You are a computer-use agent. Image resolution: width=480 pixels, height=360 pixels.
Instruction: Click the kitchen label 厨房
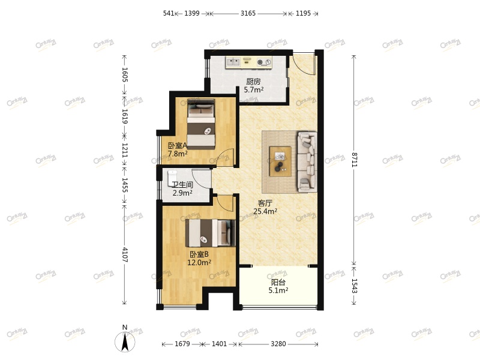(x=253, y=82)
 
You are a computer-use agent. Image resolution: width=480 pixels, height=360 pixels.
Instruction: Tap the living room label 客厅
(x=265, y=203)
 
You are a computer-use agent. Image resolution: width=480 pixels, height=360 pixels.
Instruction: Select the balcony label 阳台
(x=278, y=282)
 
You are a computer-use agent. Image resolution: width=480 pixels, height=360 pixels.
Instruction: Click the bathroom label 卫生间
(x=182, y=185)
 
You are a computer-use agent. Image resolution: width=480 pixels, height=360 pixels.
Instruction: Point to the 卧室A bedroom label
(x=178, y=145)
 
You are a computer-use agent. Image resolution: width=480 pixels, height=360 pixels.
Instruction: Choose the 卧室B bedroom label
(x=199, y=254)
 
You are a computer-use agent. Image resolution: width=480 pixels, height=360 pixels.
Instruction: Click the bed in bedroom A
(x=201, y=124)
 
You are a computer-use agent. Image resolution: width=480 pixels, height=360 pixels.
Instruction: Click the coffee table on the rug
(x=280, y=161)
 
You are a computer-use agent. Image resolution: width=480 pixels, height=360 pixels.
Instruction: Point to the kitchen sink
(x=233, y=61)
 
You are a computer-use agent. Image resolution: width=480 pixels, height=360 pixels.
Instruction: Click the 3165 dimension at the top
(x=248, y=13)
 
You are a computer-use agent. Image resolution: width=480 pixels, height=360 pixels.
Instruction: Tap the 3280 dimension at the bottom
(x=278, y=344)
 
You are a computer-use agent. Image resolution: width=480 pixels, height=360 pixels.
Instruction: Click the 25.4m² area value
(x=265, y=211)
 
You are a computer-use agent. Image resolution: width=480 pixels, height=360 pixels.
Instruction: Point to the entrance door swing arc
(x=304, y=64)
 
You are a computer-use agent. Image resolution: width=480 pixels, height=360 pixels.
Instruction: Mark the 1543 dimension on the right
(x=355, y=286)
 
